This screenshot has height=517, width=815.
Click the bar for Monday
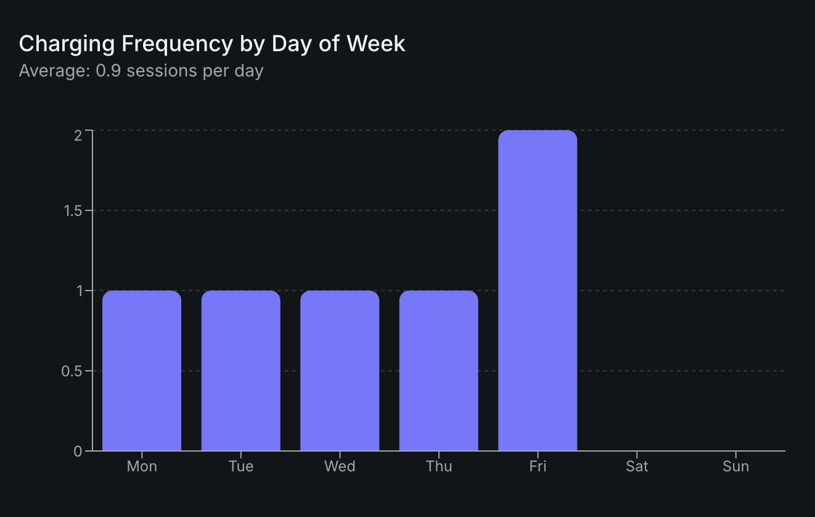[x=142, y=370]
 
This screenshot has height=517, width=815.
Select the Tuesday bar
[x=240, y=370]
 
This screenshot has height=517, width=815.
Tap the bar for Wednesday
[x=340, y=370]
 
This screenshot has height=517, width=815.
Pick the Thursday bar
[x=438, y=370]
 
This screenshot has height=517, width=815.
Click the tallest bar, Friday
[x=538, y=290]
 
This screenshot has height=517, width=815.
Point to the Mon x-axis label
[x=142, y=466]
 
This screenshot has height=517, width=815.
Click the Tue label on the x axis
[x=240, y=466]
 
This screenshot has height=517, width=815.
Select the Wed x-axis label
[x=340, y=466]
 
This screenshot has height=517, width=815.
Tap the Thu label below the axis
[x=438, y=466]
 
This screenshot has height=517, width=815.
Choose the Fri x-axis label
[x=538, y=466]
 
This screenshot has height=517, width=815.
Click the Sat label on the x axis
[x=637, y=466]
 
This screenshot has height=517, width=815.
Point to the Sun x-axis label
[x=735, y=466]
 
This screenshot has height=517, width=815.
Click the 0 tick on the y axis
[x=78, y=452]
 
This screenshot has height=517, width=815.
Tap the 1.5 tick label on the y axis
[x=72, y=211]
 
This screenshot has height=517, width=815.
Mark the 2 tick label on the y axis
[x=78, y=135]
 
